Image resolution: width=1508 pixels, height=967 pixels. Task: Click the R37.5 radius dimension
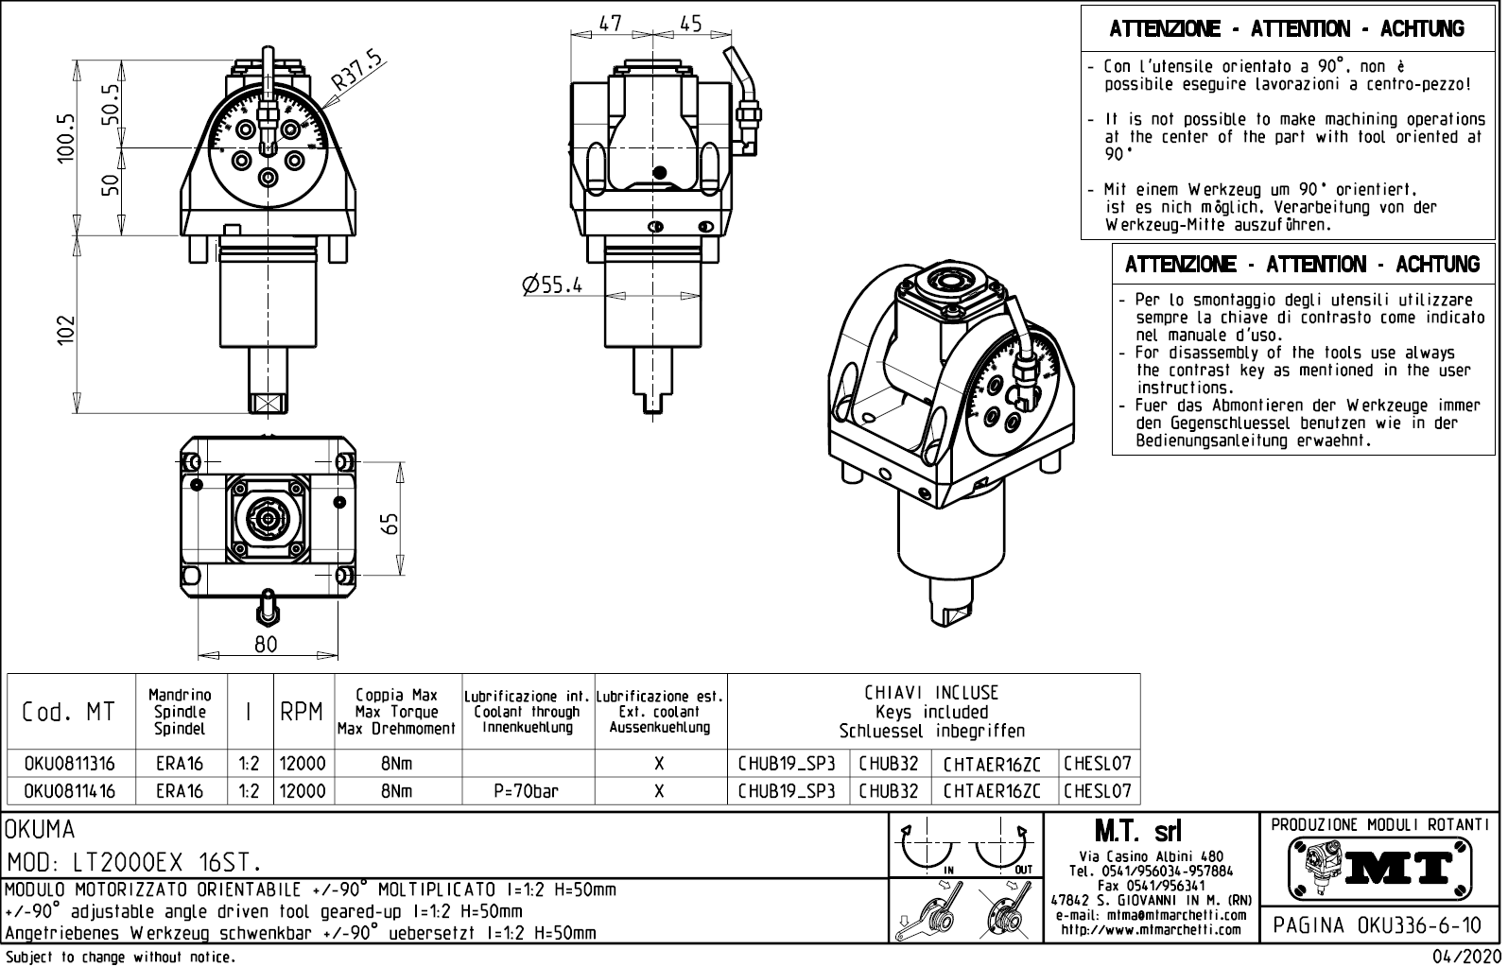coord(357,75)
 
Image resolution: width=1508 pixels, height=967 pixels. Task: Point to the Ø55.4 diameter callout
coord(551,284)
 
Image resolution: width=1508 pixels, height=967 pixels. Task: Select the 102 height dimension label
coord(64,330)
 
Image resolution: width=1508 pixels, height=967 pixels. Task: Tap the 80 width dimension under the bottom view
coord(266,645)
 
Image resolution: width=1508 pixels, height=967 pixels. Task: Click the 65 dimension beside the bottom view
coord(390,522)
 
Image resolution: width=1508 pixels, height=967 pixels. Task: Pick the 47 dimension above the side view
coord(611,24)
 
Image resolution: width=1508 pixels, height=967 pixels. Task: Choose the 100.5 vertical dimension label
coord(64,138)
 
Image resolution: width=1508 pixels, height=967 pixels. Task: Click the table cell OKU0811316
coord(70,764)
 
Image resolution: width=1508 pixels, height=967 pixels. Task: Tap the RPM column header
coord(302,712)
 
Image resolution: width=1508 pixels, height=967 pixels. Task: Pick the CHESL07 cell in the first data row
coord(1098,764)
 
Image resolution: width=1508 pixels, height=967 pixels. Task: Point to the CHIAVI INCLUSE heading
coord(931,693)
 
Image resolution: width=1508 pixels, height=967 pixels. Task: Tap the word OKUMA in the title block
coord(40,830)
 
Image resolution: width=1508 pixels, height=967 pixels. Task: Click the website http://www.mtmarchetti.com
coord(1151,930)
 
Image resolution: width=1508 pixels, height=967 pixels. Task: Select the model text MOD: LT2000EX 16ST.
coord(134,863)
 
